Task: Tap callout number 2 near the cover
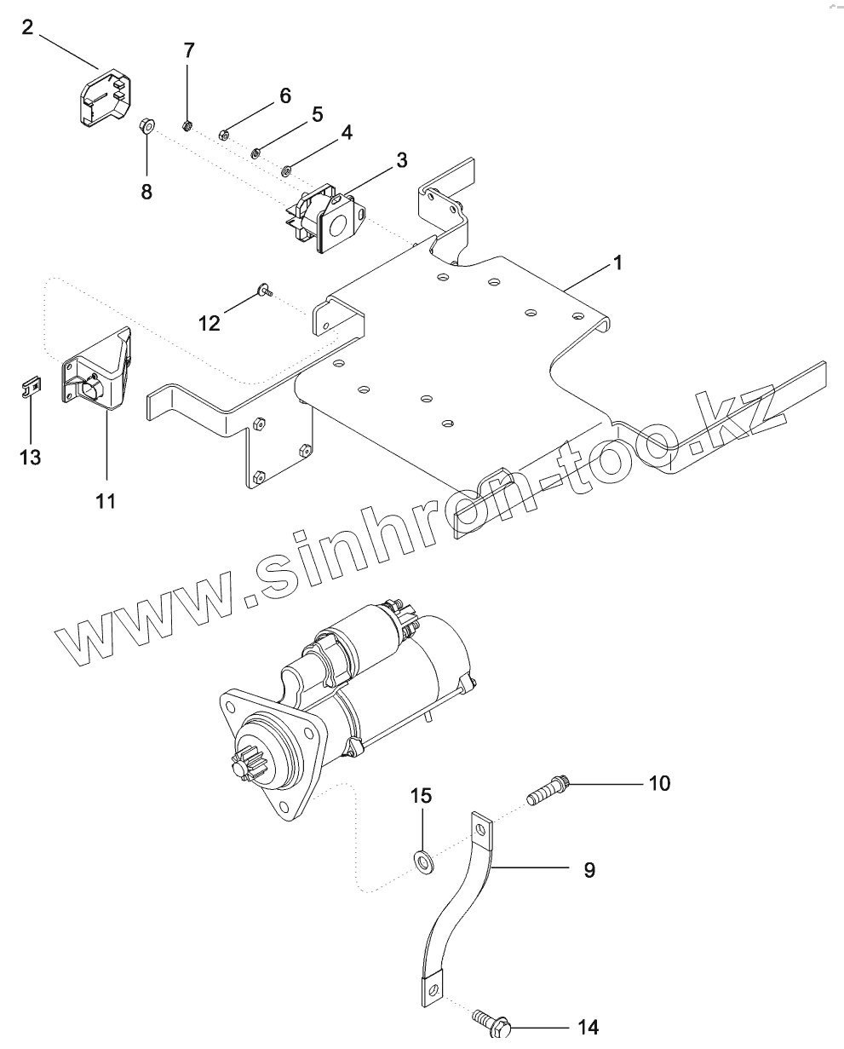[28, 29]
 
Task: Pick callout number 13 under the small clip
[30, 458]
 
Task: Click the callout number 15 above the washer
[422, 796]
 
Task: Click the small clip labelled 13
[30, 388]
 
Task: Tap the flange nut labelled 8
[146, 128]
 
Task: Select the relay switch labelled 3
[327, 216]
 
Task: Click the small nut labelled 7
[187, 126]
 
